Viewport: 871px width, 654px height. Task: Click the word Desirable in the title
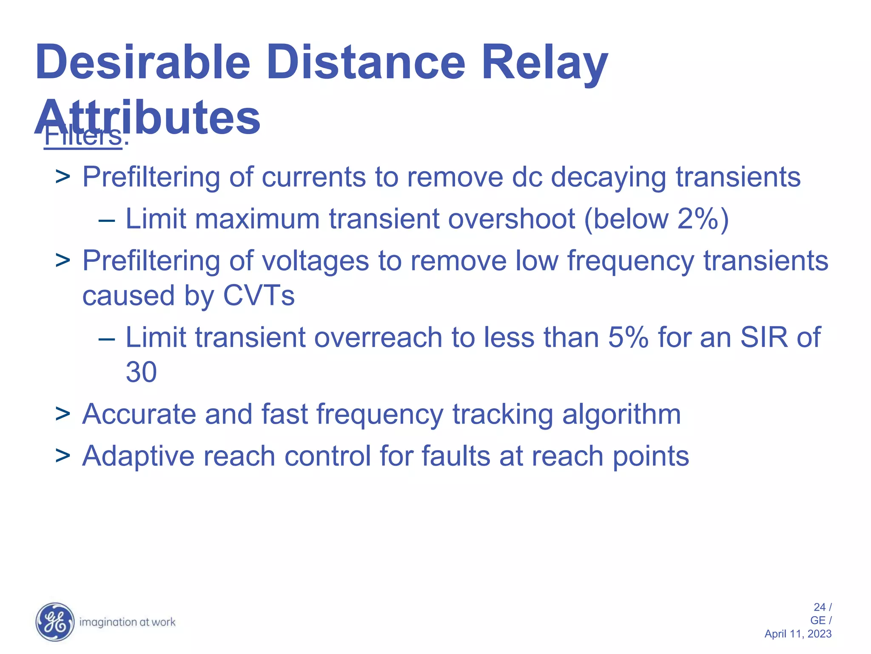(142, 62)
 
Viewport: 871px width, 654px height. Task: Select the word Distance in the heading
(366, 62)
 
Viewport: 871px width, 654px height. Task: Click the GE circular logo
(55, 622)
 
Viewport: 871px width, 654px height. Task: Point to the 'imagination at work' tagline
(127, 622)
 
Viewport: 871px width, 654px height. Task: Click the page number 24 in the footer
(820, 607)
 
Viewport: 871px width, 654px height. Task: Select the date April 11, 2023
(798, 634)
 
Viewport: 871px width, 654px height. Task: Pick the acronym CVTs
(259, 295)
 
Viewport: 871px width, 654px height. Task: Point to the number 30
(141, 372)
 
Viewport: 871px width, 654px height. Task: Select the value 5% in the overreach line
(628, 337)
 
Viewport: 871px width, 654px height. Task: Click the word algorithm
(621, 414)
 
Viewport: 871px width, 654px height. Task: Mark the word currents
(313, 177)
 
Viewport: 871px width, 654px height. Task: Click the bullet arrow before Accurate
(63, 414)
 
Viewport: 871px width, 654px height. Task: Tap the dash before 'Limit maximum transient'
(106, 221)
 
